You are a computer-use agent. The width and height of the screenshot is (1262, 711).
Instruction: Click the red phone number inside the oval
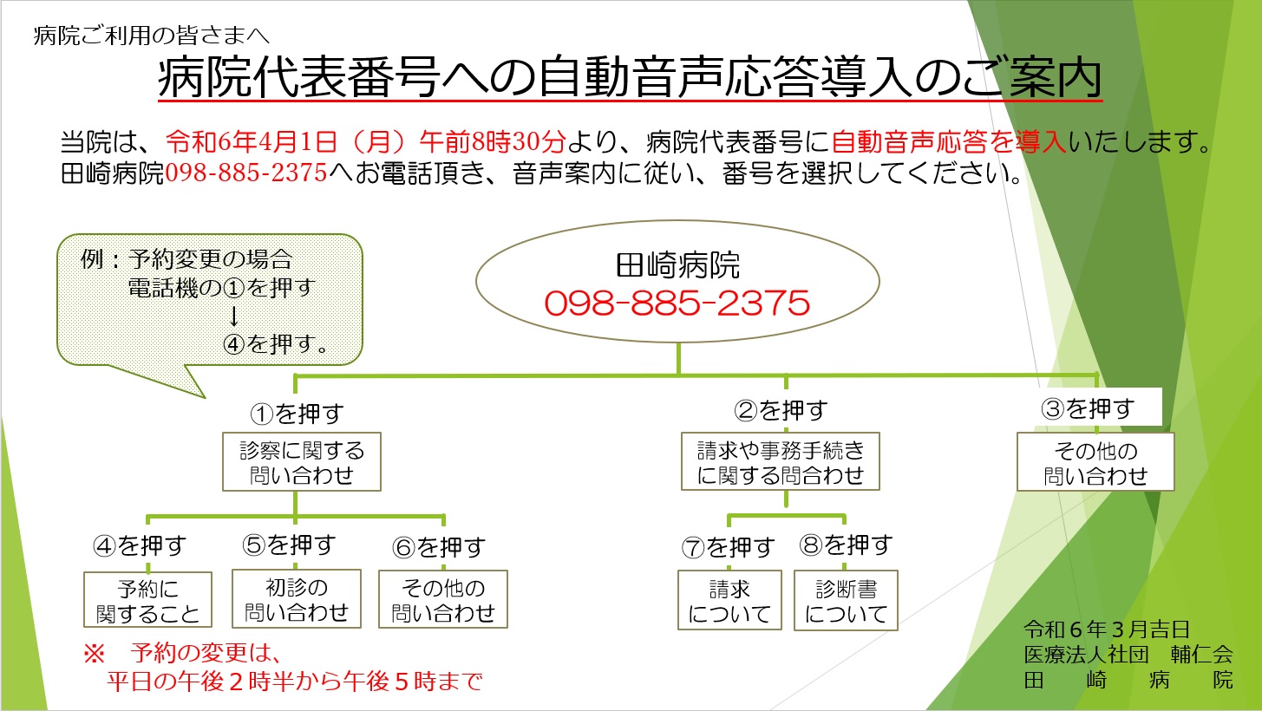pos(677,303)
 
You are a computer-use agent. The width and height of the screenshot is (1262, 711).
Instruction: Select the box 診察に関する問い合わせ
pos(302,461)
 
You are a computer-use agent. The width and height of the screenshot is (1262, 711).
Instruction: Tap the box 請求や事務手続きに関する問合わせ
pos(781,461)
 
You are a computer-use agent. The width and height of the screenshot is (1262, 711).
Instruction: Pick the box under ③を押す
pos(1095,462)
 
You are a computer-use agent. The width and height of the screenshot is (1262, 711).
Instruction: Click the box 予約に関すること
pos(147,599)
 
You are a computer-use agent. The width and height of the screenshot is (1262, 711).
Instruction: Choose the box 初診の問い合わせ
pos(297,599)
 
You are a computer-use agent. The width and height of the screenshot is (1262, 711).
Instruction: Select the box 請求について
pos(729,600)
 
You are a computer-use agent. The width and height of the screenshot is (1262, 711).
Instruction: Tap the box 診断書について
pos(846,600)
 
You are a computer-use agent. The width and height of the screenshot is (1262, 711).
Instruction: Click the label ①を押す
pos(297,414)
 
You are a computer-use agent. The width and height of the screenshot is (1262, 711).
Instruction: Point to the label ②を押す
pos(781,410)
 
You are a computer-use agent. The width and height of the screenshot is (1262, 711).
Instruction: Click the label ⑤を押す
pos(289,545)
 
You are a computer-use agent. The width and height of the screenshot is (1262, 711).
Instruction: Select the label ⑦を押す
pos(728,547)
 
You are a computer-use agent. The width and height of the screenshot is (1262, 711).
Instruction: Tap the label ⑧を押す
pos(846,545)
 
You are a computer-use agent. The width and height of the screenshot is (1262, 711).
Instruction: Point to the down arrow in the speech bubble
pos(234,316)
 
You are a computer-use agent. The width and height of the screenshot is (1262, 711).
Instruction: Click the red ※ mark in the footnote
pos(94,654)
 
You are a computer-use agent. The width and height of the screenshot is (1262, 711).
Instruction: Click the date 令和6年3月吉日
pos(1107,629)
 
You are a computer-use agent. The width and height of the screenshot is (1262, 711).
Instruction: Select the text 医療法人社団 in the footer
pos(1086,654)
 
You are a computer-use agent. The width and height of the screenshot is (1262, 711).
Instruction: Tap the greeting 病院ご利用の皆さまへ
pos(151,36)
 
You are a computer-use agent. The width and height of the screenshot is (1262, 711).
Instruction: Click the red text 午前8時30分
pos(493,141)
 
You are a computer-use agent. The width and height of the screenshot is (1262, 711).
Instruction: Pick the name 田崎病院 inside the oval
pos(677,265)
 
